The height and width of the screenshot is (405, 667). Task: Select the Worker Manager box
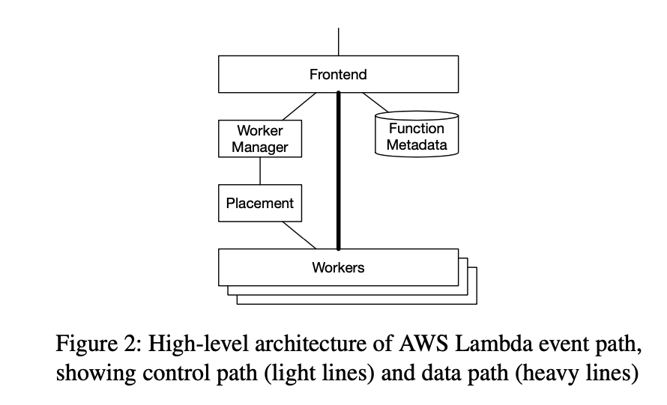(259, 138)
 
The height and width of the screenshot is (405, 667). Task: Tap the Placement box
(259, 203)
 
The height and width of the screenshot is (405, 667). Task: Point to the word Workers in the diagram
(338, 267)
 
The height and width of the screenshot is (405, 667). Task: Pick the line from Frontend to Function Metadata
(375, 103)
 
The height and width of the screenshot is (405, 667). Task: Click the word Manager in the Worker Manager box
(259, 147)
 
